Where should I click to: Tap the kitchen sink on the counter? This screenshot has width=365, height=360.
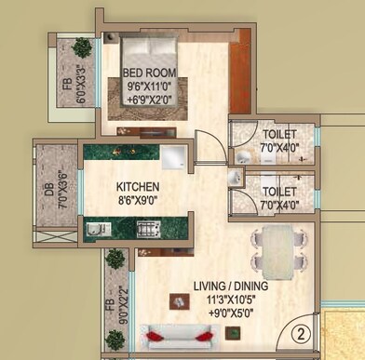tap(97, 227)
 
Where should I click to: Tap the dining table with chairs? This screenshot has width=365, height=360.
tap(277, 250)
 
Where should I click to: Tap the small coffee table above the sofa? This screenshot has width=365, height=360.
tap(174, 300)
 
